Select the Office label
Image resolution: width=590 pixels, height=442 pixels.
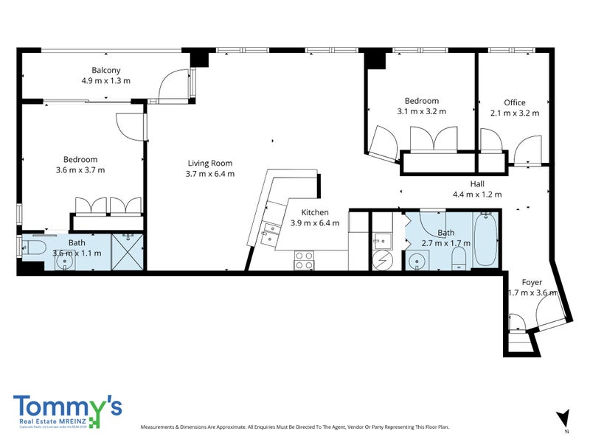coord(515,102)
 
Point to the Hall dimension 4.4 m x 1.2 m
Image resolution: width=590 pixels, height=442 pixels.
coord(477,194)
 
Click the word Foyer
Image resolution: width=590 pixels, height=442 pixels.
coord(532,282)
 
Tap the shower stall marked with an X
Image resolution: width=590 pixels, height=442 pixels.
coord(128,252)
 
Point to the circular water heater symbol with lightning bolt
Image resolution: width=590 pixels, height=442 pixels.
coord(383,260)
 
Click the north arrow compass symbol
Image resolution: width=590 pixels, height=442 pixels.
coord(564,417)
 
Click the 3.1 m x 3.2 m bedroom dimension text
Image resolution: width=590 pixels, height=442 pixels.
coord(421,111)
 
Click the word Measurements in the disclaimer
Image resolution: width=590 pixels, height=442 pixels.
coord(161,427)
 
